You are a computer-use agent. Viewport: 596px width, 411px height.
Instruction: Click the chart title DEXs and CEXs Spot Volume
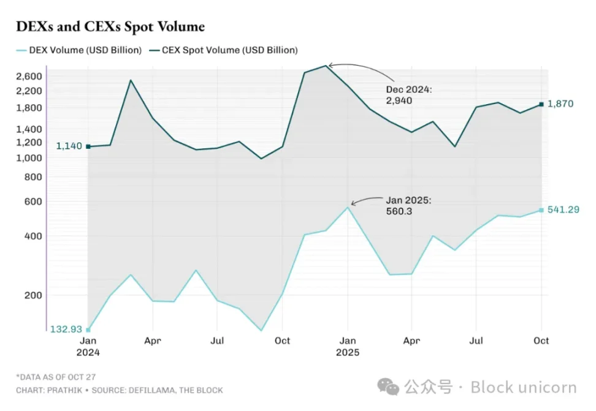(x=110, y=27)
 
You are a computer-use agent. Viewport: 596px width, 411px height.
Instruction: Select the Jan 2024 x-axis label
(x=88, y=346)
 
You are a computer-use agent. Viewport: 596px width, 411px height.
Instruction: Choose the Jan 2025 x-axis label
(x=347, y=346)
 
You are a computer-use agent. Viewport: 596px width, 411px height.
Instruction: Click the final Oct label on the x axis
(x=541, y=341)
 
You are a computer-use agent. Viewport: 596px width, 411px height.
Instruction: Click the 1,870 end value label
(x=560, y=104)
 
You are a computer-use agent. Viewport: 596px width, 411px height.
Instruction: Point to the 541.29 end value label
(x=562, y=210)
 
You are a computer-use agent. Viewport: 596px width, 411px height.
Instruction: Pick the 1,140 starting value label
(x=69, y=146)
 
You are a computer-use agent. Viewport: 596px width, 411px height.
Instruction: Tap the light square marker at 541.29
(x=541, y=210)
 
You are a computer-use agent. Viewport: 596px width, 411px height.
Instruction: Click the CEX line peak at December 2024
(x=326, y=66)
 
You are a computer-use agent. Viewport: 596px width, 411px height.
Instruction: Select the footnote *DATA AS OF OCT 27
(x=56, y=377)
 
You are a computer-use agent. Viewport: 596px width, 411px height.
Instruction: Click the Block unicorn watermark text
(x=524, y=388)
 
